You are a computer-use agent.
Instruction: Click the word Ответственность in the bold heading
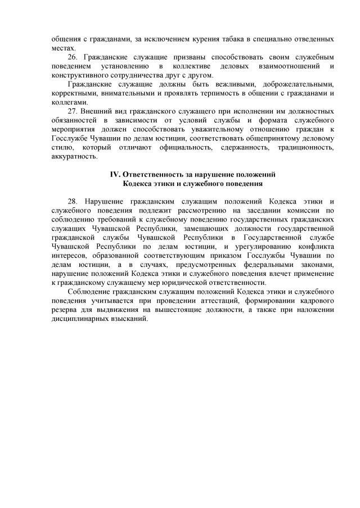[153, 174]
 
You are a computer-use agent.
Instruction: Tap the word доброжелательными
[298, 84]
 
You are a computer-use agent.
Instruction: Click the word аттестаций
[196, 300]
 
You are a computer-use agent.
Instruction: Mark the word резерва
[64, 309]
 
